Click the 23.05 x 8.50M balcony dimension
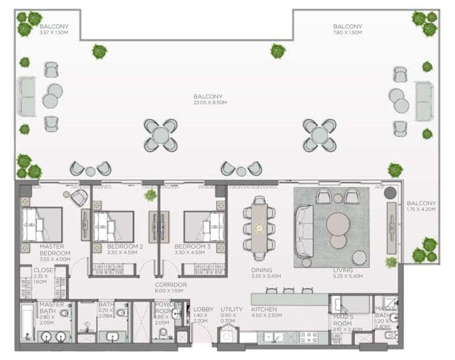pyautogui.click(x=210, y=103)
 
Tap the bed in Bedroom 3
pyautogui.click(x=204, y=226)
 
